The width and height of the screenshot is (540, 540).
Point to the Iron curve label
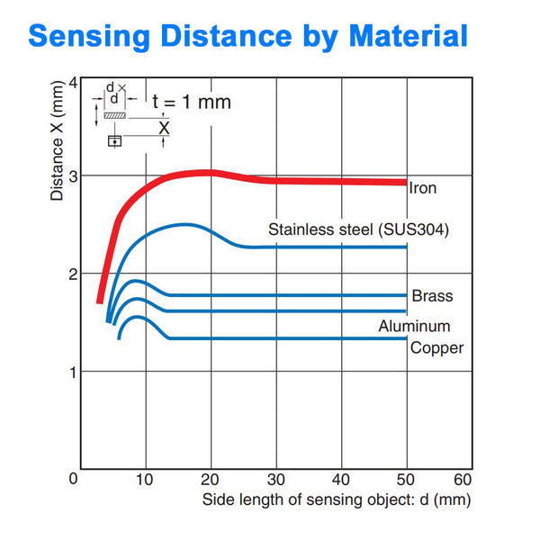[x=422, y=189]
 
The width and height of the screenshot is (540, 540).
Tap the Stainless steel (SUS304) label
[x=358, y=229]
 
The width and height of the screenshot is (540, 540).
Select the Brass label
[x=432, y=296]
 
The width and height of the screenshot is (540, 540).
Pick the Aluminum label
[x=414, y=326]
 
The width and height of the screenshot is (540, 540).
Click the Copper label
[x=437, y=347]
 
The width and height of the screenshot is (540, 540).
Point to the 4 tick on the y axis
[x=72, y=82]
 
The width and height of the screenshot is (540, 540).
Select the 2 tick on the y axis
[x=72, y=273]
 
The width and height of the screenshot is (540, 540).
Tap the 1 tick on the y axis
[x=72, y=371]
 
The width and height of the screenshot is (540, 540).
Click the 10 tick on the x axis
[x=145, y=480]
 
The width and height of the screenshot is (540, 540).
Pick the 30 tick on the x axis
[x=275, y=480]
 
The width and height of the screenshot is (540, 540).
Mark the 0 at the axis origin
[x=74, y=480]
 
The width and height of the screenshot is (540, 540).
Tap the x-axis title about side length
[x=336, y=499]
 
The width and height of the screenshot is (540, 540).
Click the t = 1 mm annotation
[x=191, y=102]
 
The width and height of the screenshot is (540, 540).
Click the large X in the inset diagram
[x=163, y=128]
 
